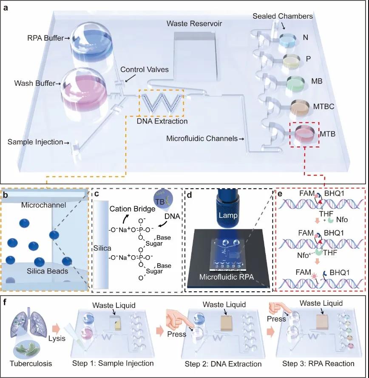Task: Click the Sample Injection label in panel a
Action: (x=36, y=141)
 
